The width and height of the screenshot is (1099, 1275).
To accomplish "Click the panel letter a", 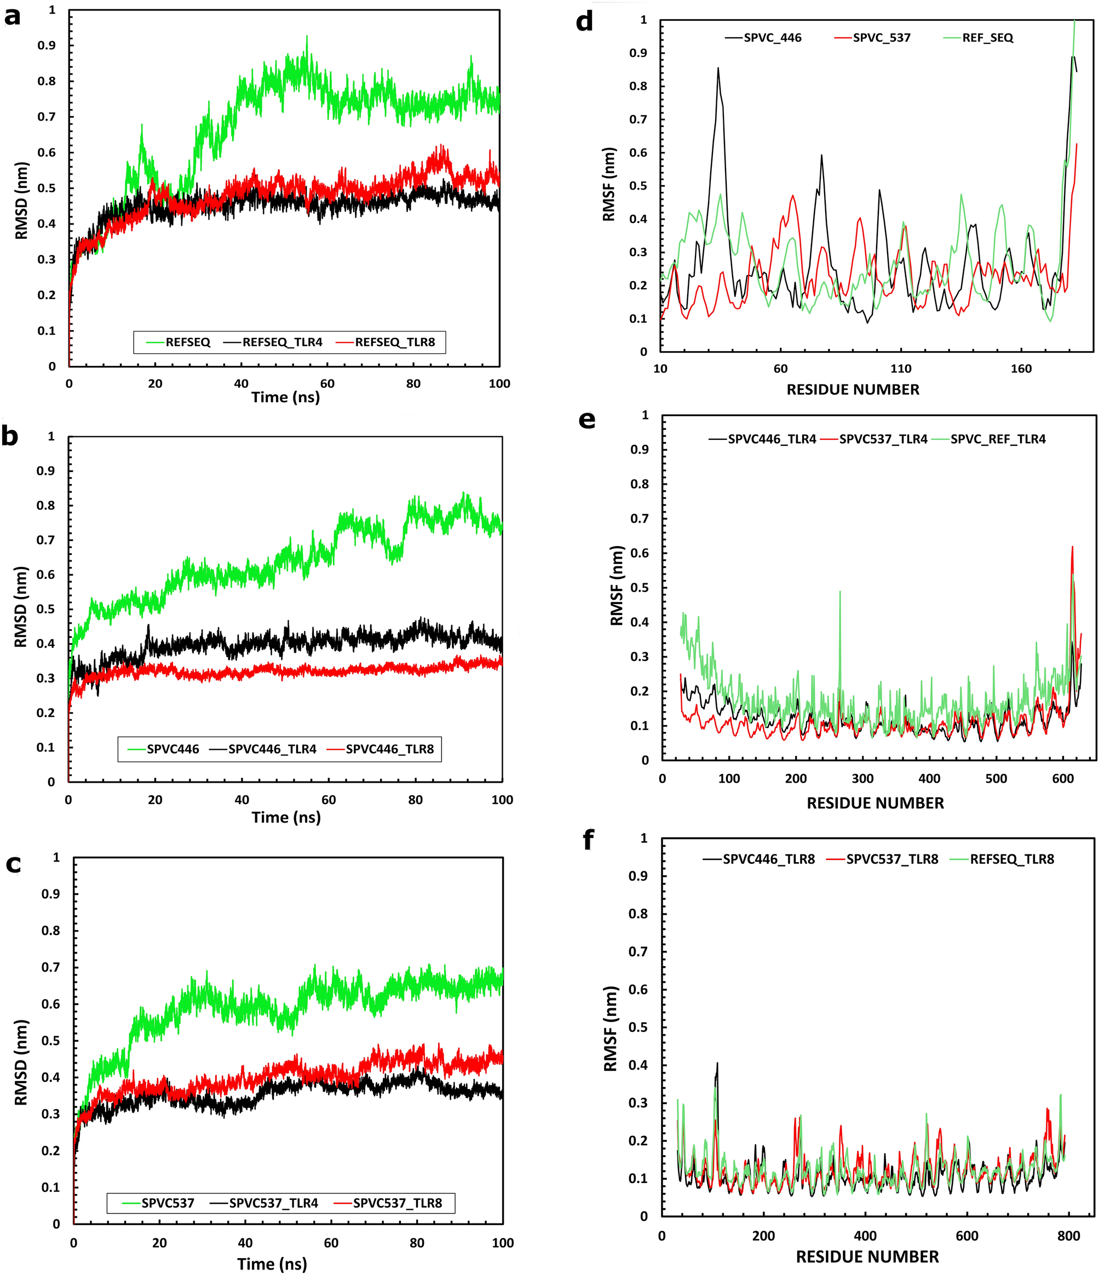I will (12, 17).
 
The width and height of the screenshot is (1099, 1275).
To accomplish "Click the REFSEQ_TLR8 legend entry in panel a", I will (394, 342).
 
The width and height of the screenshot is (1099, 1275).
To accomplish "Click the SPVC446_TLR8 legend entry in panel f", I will (768, 859).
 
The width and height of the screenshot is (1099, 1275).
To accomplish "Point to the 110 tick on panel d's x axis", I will (900, 369).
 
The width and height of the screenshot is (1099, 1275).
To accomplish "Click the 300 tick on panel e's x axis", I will (862, 778).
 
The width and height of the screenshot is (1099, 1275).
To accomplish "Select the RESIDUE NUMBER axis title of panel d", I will (853, 389).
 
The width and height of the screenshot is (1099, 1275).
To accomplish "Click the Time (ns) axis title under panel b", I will (286, 817).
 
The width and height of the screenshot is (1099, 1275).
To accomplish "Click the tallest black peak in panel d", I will (718, 69).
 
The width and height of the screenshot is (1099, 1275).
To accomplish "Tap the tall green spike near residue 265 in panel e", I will (840, 593).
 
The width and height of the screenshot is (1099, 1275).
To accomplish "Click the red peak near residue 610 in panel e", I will (1073, 547).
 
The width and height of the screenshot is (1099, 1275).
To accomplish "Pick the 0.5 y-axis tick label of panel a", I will (47, 188).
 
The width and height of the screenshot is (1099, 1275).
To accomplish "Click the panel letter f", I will (588, 840).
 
